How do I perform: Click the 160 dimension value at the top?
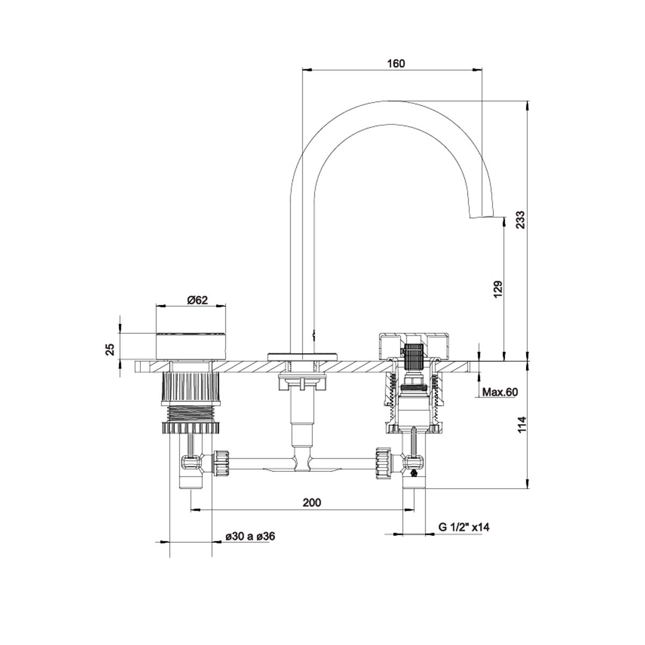pos(396,63)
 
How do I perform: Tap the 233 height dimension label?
pos(520,220)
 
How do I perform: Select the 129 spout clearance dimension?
pos(498,289)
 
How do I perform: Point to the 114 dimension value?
pos(522,425)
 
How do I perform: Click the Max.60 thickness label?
pos(500,392)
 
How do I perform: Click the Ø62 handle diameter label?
pos(197,300)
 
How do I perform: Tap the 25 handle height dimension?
pos(111,349)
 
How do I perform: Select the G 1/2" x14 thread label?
pos(464,527)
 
